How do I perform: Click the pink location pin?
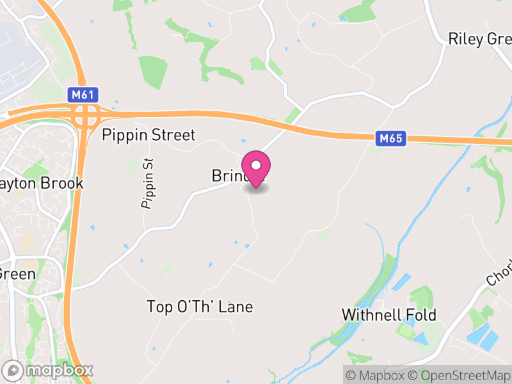pyautogui.click(x=256, y=168)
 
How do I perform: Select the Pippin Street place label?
pyautogui.click(x=148, y=135)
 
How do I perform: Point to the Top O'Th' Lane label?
pyautogui.click(x=200, y=307)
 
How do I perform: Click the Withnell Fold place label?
pyautogui.click(x=388, y=315)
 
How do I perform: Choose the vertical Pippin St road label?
pyautogui.click(x=148, y=183)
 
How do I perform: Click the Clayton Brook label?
pyautogui.click(x=42, y=183)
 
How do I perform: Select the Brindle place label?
pyautogui.click(x=227, y=175)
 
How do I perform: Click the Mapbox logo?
pyautogui.click(x=49, y=370)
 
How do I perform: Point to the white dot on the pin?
pyautogui.click(x=256, y=164)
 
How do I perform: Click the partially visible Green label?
pyautogui.click(x=17, y=273)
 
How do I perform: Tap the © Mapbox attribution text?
pyautogui.click(x=378, y=374)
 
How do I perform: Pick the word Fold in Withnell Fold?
pyautogui.click(x=422, y=315)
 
